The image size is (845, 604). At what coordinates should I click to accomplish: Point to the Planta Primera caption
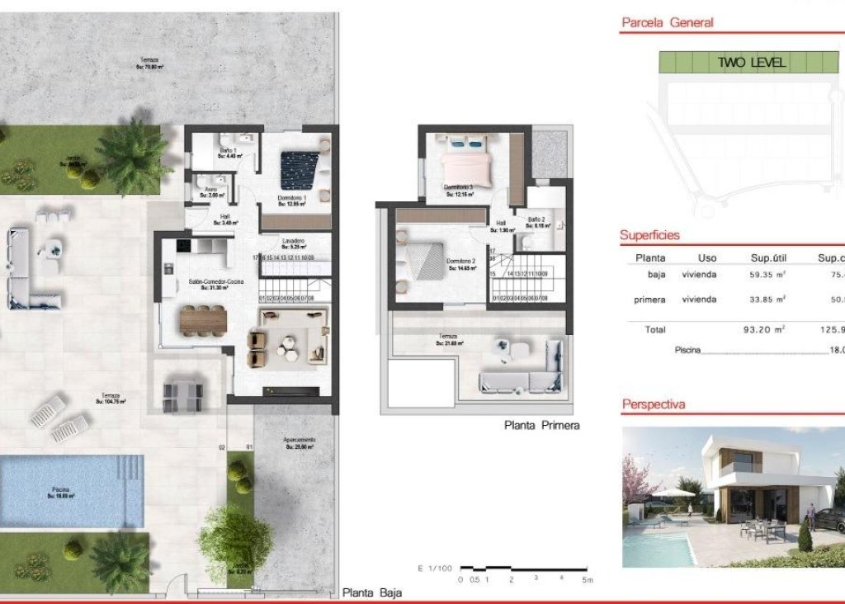[542, 426]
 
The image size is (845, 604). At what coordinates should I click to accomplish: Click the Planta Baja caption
[372, 593]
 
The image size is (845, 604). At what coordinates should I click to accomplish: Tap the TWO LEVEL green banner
[751, 62]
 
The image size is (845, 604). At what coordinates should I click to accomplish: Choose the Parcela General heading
[667, 23]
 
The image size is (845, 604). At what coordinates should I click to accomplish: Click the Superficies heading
[650, 235]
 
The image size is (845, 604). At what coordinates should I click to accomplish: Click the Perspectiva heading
[654, 405]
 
